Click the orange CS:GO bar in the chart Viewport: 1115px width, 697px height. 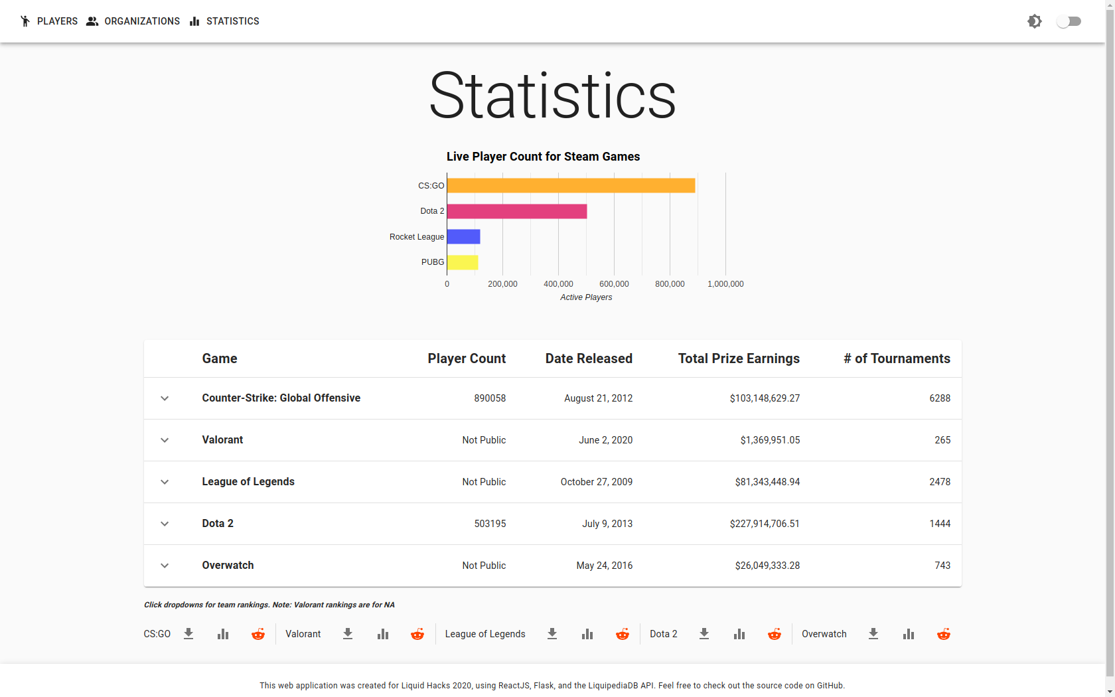(571, 186)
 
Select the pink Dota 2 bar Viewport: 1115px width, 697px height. (516, 211)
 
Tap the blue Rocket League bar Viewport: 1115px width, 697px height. (463, 236)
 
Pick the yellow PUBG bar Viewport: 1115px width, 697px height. (462, 262)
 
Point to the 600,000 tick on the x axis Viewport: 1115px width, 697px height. (614, 284)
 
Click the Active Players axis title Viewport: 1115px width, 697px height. (586, 297)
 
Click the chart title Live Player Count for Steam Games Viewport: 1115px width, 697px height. (543, 157)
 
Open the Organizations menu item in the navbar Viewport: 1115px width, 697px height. (133, 21)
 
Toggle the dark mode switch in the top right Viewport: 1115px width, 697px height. (1069, 21)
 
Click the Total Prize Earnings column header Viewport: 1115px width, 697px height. (739, 358)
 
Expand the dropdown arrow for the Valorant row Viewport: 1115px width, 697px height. (165, 440)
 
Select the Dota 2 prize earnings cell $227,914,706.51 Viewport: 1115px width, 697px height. (765, 524)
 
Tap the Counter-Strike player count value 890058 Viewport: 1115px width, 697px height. (490, 398)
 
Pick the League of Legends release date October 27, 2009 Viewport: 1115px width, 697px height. (596, 482)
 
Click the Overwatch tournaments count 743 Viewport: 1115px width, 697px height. (942, 566)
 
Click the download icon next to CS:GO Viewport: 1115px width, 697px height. (188, 634)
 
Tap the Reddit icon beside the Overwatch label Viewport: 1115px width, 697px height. (943, 634)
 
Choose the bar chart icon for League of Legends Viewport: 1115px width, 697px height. (587, 634)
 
